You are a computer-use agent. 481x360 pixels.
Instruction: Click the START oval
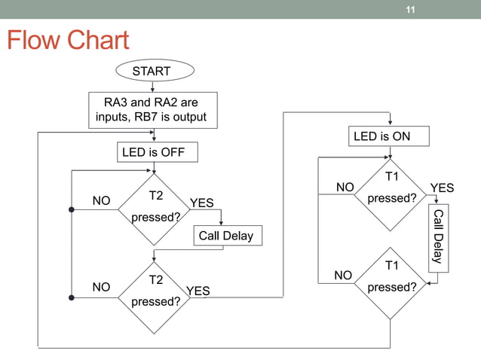pyautogui.click(x=153, y=72)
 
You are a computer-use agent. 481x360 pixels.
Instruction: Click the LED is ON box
pyautogui.click(x=391, y=136)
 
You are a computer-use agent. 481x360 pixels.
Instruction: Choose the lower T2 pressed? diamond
pyautogui.click(x=156, y=291)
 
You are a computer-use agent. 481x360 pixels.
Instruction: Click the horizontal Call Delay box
pyautogui.click(x=225, y=236)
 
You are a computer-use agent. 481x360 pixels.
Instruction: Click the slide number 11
pyautogui.click(x=410, y=10)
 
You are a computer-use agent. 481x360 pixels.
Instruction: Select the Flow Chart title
pyautogui.click(x=68, y=41)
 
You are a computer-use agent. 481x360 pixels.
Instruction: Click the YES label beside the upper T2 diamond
pyautogui.click(x=201, y=203)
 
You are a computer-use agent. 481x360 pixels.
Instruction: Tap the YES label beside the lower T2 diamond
pyautogui.click(x=198, y=291)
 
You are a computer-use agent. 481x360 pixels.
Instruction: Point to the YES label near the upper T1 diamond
pyautogui.click(x=442, y=188)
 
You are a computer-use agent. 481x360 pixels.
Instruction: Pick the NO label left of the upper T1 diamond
pyautogui.click(x=345, y=187)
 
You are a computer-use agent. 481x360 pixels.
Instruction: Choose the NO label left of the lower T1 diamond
pyautogui.click(x=343, y=276)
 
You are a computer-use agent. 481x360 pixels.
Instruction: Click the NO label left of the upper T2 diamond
pyautogui.click(x=101, y=201)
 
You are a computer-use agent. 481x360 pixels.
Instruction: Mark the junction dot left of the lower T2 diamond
pyautogui.click(x=71, y=297)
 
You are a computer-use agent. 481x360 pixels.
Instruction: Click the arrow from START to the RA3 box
pyautogui.click(x=153, y=86)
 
